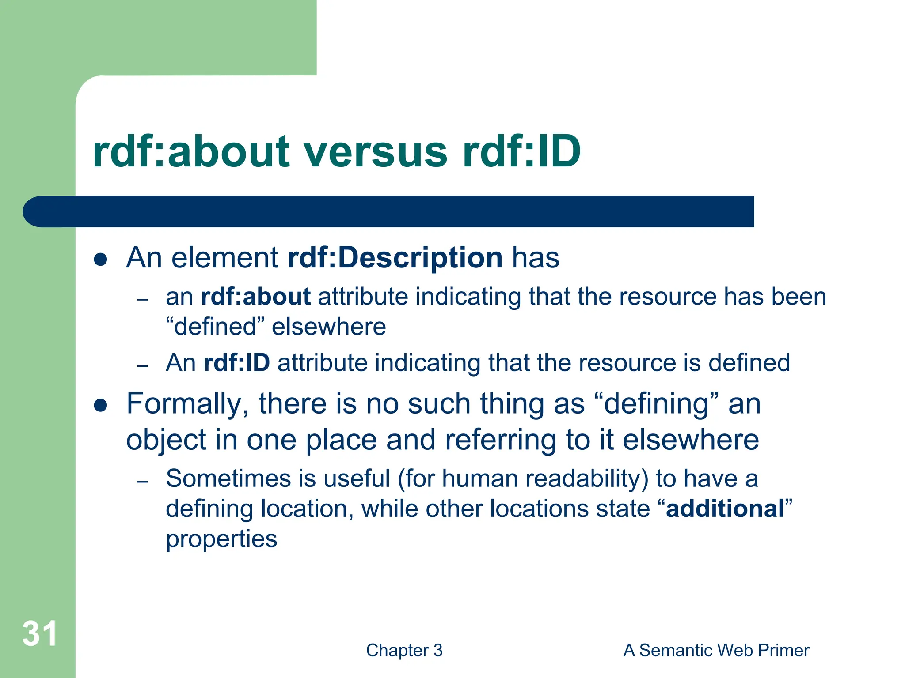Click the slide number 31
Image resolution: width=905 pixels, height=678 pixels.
click(40, 634)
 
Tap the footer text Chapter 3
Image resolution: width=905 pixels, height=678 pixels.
click(404, 651)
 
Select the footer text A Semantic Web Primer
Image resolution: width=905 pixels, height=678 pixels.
click(716, 651)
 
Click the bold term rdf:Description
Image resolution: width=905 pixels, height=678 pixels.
click(395, 257)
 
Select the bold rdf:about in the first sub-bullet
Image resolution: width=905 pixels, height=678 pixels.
click(255, 297)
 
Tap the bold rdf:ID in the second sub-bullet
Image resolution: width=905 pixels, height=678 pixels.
click(236, 363)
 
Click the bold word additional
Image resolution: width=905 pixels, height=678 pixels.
click(725, 508)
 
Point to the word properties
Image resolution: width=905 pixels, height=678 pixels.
click(221, 539)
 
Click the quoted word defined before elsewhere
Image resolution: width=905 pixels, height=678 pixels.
click(215, 327)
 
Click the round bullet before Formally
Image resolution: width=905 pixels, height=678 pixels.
click(101, 405)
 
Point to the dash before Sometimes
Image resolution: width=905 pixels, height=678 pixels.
click(142, 481)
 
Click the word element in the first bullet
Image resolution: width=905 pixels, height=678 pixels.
click(224, 257)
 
